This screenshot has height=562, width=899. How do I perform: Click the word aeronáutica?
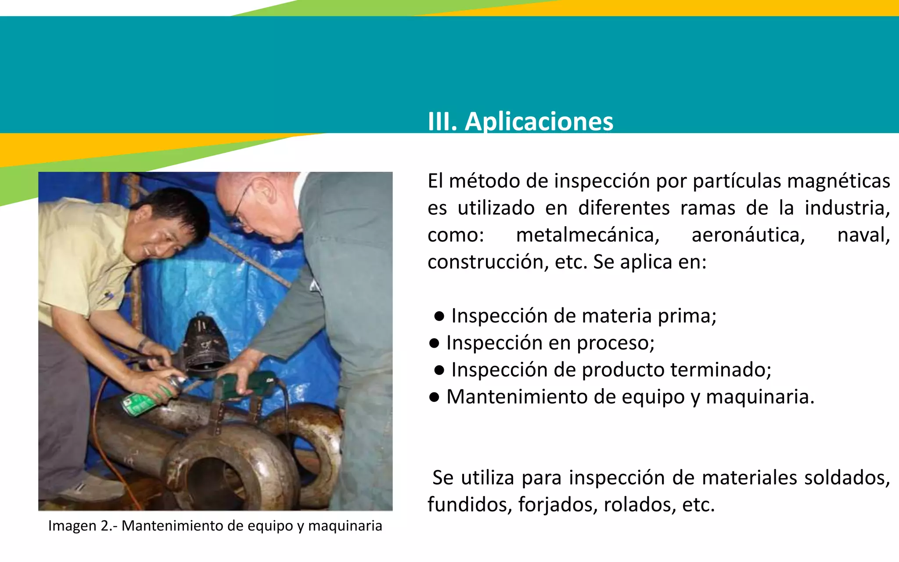[748, 235]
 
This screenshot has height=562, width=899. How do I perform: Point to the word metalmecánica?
[587, 235]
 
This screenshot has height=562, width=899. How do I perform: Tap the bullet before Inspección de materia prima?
[439, 317]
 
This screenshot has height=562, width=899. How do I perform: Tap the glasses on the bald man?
[241, 206]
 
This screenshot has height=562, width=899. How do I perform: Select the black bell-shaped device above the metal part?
[205, 342]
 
